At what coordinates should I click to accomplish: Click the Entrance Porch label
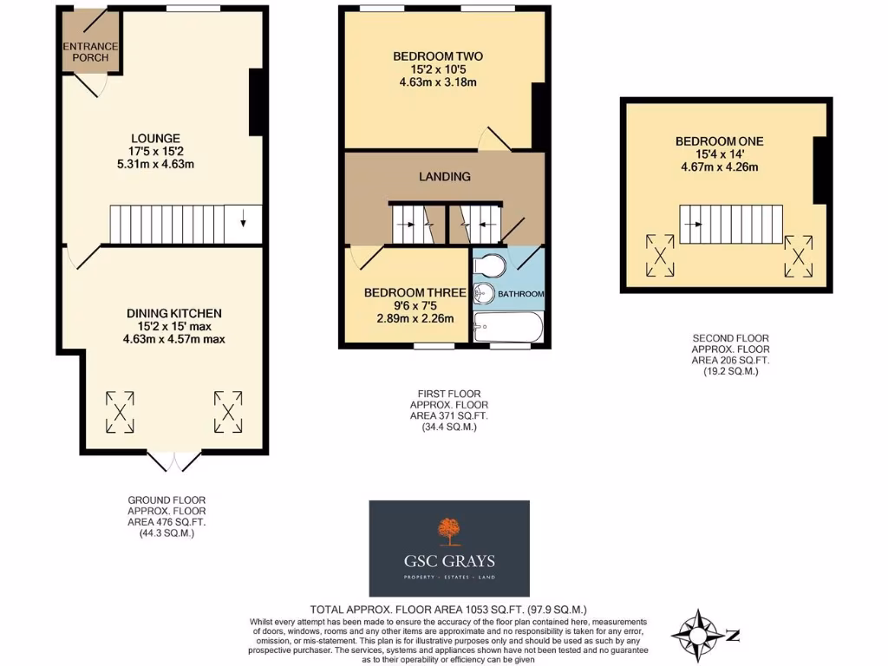[x=90, y=52]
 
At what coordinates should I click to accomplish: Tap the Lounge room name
[x=155, y=138]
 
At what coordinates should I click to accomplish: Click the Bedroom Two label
[x=437, y=56]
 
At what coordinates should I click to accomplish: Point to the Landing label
[x=445, y=176]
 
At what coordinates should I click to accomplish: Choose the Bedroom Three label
[x=407, y=293]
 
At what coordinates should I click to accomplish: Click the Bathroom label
[x=520, y=295]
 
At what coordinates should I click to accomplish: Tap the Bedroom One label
[x=720, y=141]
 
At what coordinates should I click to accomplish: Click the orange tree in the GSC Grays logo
[x=448, y=529]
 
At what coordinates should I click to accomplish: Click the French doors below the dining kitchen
[x=173, y=461]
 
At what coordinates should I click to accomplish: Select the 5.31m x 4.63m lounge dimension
[x=155, y=164]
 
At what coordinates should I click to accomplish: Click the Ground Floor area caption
[x=166, y=517]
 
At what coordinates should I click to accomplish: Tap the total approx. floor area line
[x=454, y=610]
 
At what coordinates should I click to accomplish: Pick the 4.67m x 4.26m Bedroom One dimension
[x=720, y=166]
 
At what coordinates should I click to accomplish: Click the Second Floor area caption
[x=731, y=355]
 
